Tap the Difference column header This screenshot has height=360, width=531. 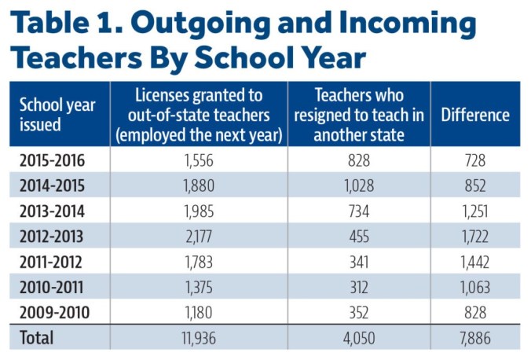pos(475,115)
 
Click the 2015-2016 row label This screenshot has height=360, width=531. pos(52,162)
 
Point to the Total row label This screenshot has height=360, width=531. pos(36,339)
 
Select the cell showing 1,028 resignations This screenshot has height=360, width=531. pos(359,187)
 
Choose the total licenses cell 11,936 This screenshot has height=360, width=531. pos(198,339)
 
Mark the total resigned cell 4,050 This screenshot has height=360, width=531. pos(359,339)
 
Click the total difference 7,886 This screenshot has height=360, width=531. pos(474,339)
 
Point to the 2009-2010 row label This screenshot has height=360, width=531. pos(52,313)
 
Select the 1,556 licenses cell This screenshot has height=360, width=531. pos(198,162)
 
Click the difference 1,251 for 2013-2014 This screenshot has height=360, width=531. pos(474,212)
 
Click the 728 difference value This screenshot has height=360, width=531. pos(474,162)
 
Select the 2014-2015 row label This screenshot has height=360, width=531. pos(52,187)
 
